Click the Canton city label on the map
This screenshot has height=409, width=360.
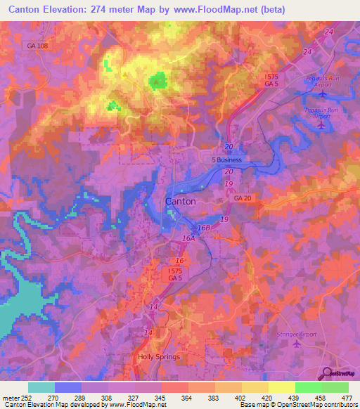pyautogui.click(x=180, y=201)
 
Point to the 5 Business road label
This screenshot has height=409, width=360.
pyautogui.click(x=226, y=160)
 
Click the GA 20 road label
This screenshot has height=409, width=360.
pyautogui.click(x=243, y=199)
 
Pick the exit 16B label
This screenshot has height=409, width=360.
pyautogui.click(x=203, y=228)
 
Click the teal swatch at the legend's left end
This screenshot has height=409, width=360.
pyautogui.click(x=41, y=387)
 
